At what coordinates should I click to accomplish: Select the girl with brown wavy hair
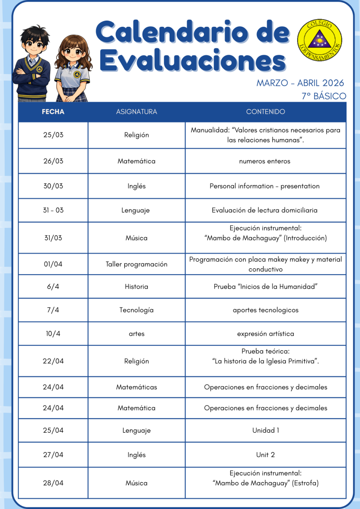point(71,68)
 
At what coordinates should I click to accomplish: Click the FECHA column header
point(53,112)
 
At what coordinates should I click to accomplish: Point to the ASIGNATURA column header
point(136,112)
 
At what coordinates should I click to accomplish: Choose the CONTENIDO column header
point(265,112)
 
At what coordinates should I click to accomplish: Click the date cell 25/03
point(53,135)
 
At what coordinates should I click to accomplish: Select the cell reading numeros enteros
point(265,161)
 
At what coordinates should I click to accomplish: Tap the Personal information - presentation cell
point(265,186)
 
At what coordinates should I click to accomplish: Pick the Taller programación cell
point(136,264)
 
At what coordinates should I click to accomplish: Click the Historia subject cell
point(136,286)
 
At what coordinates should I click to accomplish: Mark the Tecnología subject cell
point(136,310)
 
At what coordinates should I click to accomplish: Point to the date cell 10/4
point(53,334)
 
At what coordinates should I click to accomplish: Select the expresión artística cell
point(265,334)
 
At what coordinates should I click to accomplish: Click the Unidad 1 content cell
point(265,430)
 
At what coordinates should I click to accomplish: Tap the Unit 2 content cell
point(265,455)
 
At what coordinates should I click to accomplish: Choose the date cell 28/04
point(53,483)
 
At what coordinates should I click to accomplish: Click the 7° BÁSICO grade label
point(323,97)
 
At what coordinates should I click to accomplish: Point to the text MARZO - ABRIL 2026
point(300,83)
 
